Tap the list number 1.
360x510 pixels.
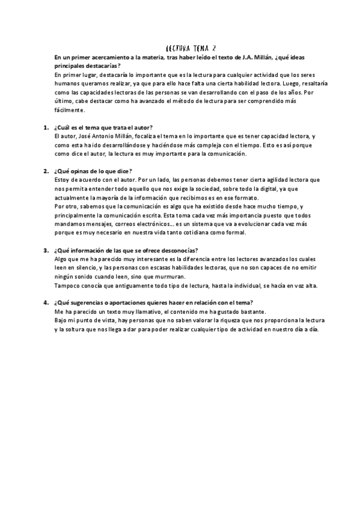click(x=46, y=127)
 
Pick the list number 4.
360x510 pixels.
click(x=46, y=303)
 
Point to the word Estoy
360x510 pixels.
click(x=62, y=180)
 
